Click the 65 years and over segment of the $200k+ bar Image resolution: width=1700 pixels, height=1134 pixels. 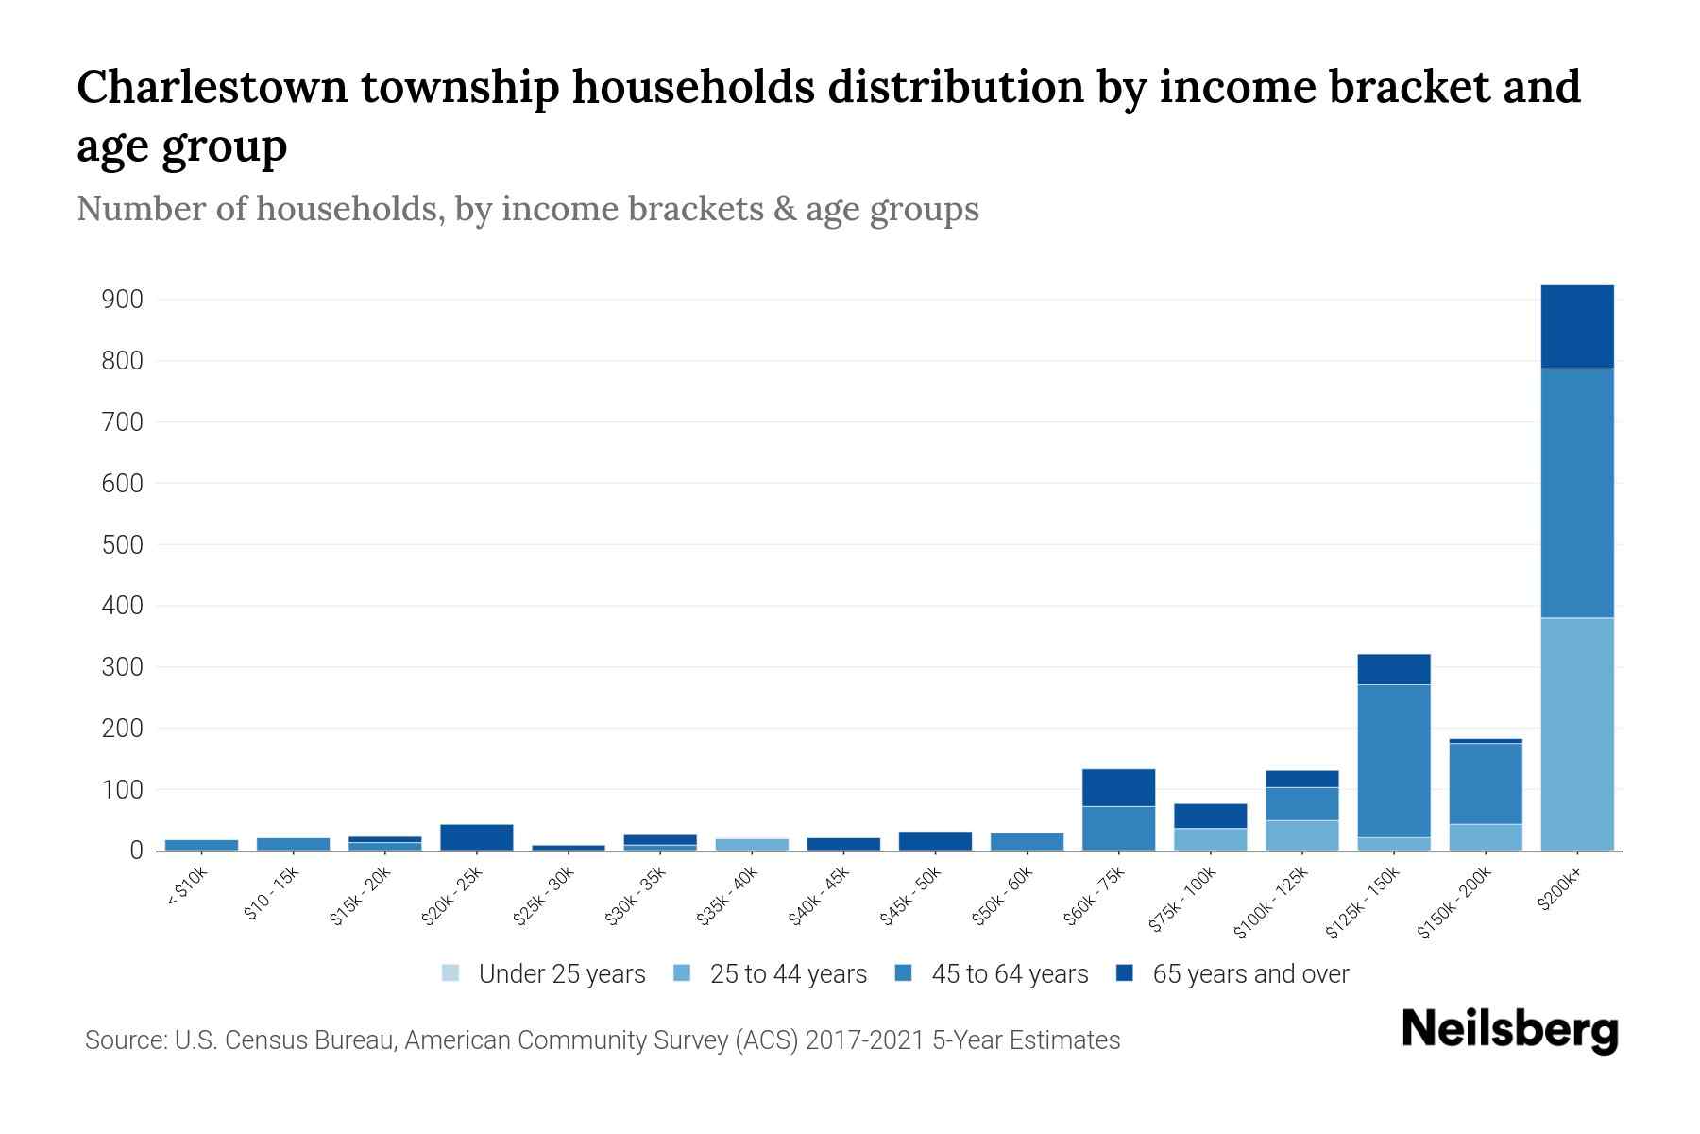(x=1576, y=327)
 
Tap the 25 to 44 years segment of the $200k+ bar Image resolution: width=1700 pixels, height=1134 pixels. (x=1576, y=733)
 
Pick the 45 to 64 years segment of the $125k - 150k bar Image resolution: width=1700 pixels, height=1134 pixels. (x=1393, y=761)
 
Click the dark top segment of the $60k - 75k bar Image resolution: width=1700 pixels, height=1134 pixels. (x=1118, y=787)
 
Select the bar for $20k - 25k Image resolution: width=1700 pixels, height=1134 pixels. (x=476, y=837)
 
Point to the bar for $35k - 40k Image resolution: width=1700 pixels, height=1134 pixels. (x=752, y=844)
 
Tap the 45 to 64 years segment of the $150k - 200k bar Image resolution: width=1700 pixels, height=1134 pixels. (x=1485, y=783)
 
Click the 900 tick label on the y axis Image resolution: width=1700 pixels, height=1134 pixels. (x=122, y=301)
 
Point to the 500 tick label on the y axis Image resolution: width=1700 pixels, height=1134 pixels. (x=122, y=545)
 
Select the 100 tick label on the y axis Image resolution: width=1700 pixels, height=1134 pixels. (x=122, y=790)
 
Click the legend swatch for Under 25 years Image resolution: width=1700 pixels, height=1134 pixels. (x=450, y=973)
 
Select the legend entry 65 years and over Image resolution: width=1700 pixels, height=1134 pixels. (x=1249, y=974)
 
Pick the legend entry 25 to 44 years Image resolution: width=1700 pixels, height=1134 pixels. (x=788, y=974)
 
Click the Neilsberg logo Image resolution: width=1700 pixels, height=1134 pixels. (x=1509, y=1030)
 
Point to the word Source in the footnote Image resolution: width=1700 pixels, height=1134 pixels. (x=124, y=1040)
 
